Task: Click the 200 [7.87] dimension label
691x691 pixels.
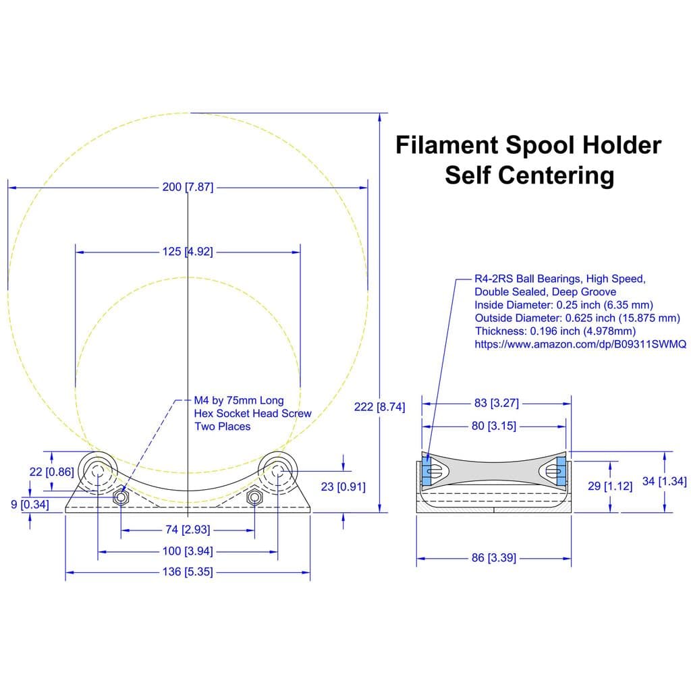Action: pos(188,188)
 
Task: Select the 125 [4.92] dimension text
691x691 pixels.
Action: pos(188,252)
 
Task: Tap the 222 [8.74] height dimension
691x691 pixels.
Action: pos(379,407)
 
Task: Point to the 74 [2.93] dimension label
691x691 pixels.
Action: pos(188,529)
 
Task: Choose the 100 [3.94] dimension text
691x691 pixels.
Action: pos(188,551)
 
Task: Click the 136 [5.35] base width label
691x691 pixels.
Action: pos(188,572)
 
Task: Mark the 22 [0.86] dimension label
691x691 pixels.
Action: pos(51,472)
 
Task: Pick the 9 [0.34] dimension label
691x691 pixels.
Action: pos(30,505)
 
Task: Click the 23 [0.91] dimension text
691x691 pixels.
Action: pos(343,487)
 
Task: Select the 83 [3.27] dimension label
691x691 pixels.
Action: pos(497,403)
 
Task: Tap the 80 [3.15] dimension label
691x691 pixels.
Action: pos(493,426)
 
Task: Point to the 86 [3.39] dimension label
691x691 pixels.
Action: pos(493,557)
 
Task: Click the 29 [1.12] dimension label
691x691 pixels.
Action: pos(610,486)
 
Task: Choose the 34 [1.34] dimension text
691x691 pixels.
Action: pos(664,481)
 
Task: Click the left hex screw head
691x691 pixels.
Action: pos(121,497)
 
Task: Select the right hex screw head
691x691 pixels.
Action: pos(254,497)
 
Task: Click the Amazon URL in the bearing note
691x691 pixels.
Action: pos(580,344)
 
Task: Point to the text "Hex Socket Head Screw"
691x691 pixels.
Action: pos(252,414)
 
